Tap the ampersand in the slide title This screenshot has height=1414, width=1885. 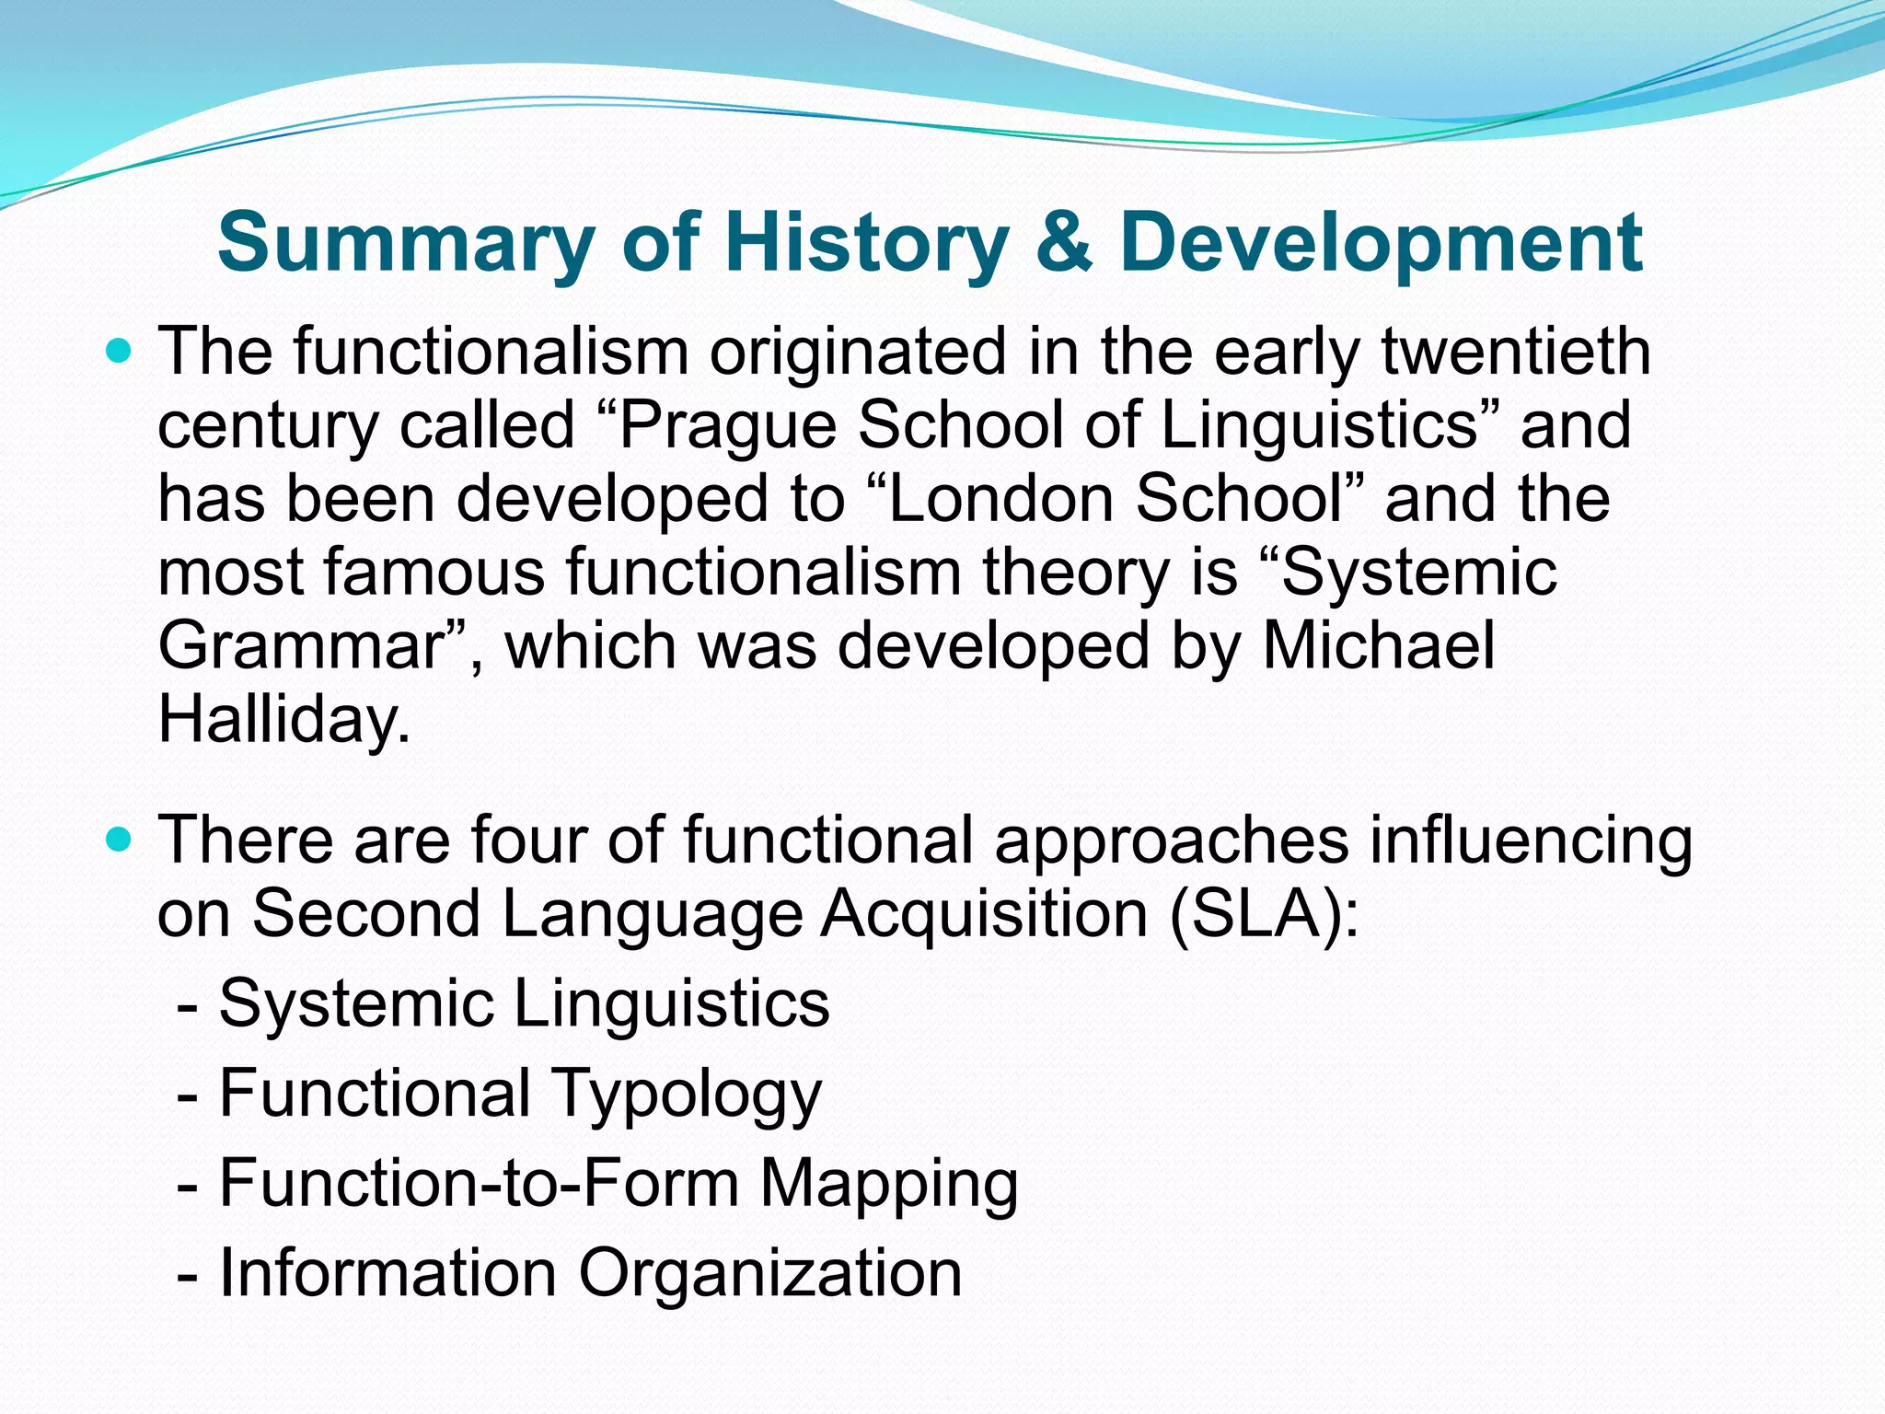[1062, 242]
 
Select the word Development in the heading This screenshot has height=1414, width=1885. [1381, 242]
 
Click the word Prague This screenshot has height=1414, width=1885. [726, 425]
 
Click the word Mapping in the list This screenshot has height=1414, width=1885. [888, 1183]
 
